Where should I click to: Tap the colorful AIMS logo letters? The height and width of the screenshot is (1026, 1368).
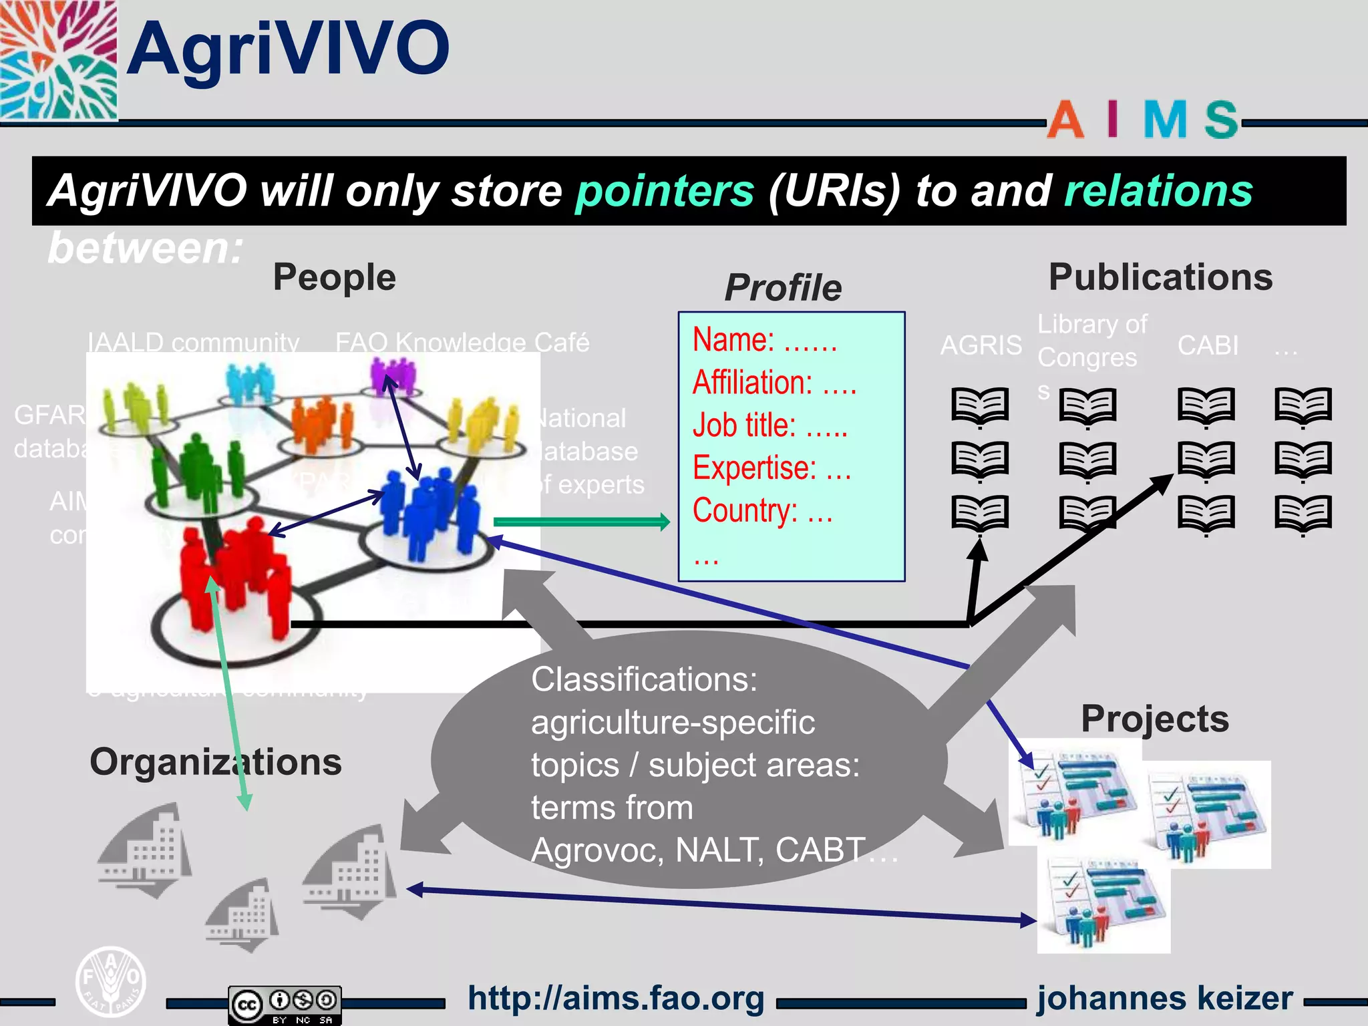tap(1142, 120)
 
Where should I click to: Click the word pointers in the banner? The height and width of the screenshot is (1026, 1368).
tap(665, 191)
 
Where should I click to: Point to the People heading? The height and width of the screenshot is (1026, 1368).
tap(334, 277)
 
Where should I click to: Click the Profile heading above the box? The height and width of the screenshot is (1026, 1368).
tap(783, 288)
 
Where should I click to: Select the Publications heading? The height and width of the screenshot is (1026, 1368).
tap(1160, 277)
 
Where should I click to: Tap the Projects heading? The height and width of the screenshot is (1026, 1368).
tap(1155, 719)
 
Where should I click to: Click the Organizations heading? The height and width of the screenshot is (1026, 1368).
tap(216, 762)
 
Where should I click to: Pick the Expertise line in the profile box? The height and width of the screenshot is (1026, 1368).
tap(772, 468)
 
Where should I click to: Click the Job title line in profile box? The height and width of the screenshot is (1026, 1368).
tap(769, 425)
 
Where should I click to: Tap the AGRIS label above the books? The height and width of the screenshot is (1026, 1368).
tap(981, 345)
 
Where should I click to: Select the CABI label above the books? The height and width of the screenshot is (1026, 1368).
tap(1208, 345)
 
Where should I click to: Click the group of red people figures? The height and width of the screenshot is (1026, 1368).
tap(234, 574)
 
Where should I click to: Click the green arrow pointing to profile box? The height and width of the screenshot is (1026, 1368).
tap(581, 522)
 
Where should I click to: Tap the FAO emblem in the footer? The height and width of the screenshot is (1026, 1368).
tap(110, 981)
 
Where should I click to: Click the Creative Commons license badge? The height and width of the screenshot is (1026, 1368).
tap(285, 1004)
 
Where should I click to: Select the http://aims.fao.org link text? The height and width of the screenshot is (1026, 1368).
tap(616, 999)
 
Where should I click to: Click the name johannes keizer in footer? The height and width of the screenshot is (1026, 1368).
tap(1165, 999)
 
